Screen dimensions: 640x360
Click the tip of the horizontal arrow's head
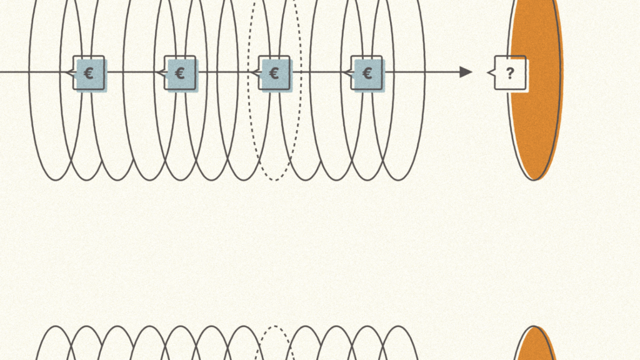click(472, 72)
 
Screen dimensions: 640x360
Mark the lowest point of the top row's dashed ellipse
click(275, 180)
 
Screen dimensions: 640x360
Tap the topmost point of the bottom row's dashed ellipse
click(275, 326)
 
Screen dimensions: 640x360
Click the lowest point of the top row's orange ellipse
click(534, 180)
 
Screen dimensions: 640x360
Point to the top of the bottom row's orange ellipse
click(534, 326)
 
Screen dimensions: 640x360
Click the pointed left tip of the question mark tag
click(487, 72)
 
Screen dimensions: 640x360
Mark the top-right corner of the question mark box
click(526, 56)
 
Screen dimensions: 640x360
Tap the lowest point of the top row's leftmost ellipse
click(56, 180)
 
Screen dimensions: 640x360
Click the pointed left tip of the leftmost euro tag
click(66, 72)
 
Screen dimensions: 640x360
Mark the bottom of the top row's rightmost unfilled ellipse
click(398, 180)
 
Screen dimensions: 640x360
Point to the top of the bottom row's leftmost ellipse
click(56, 326)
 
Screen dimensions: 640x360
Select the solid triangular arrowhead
click(466, 72)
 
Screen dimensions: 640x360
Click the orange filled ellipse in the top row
click(535, 90)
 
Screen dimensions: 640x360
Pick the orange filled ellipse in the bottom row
click(535, 344)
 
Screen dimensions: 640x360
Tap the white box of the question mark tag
click(510, 72)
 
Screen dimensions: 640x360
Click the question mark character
click(510, 74)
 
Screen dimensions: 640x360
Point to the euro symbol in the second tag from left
click(179, 74)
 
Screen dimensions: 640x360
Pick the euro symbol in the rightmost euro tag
click(367, 74)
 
